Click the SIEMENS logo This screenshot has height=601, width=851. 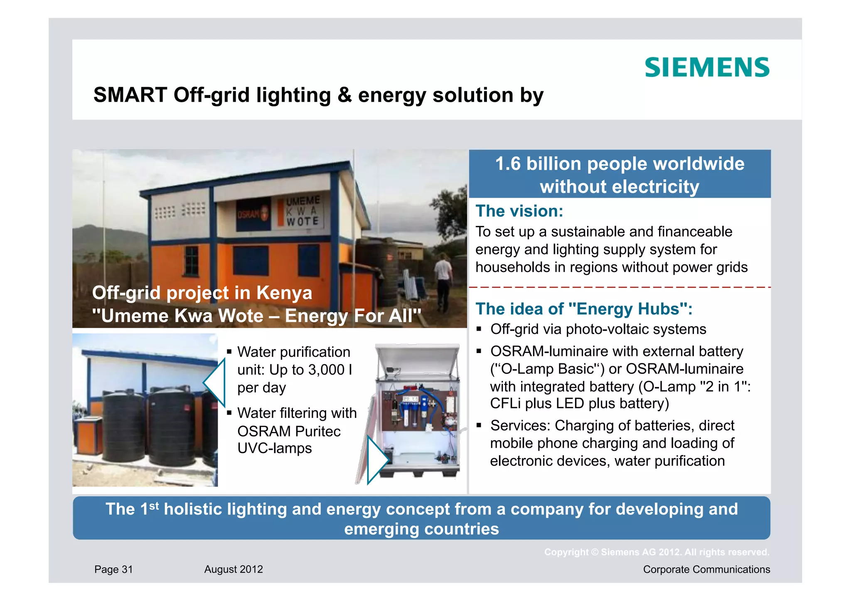(x=707, y=68)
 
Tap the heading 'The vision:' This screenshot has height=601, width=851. (x=519, y=211)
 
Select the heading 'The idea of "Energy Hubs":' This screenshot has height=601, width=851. (x=584, y=309)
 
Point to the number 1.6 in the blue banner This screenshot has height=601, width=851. (x=508, y=164)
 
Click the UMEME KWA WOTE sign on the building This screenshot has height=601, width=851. (x=303, y=211)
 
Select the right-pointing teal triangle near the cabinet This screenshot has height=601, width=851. (x=376, y=459)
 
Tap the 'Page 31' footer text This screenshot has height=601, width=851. (x=113, y=569)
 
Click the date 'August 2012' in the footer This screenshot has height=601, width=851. (x=234, y=569)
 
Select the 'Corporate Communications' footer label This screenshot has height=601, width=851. (x=706, y=569)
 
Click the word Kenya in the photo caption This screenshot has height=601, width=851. (x=284, y=293)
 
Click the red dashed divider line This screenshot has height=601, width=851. (x=620, y=287)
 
